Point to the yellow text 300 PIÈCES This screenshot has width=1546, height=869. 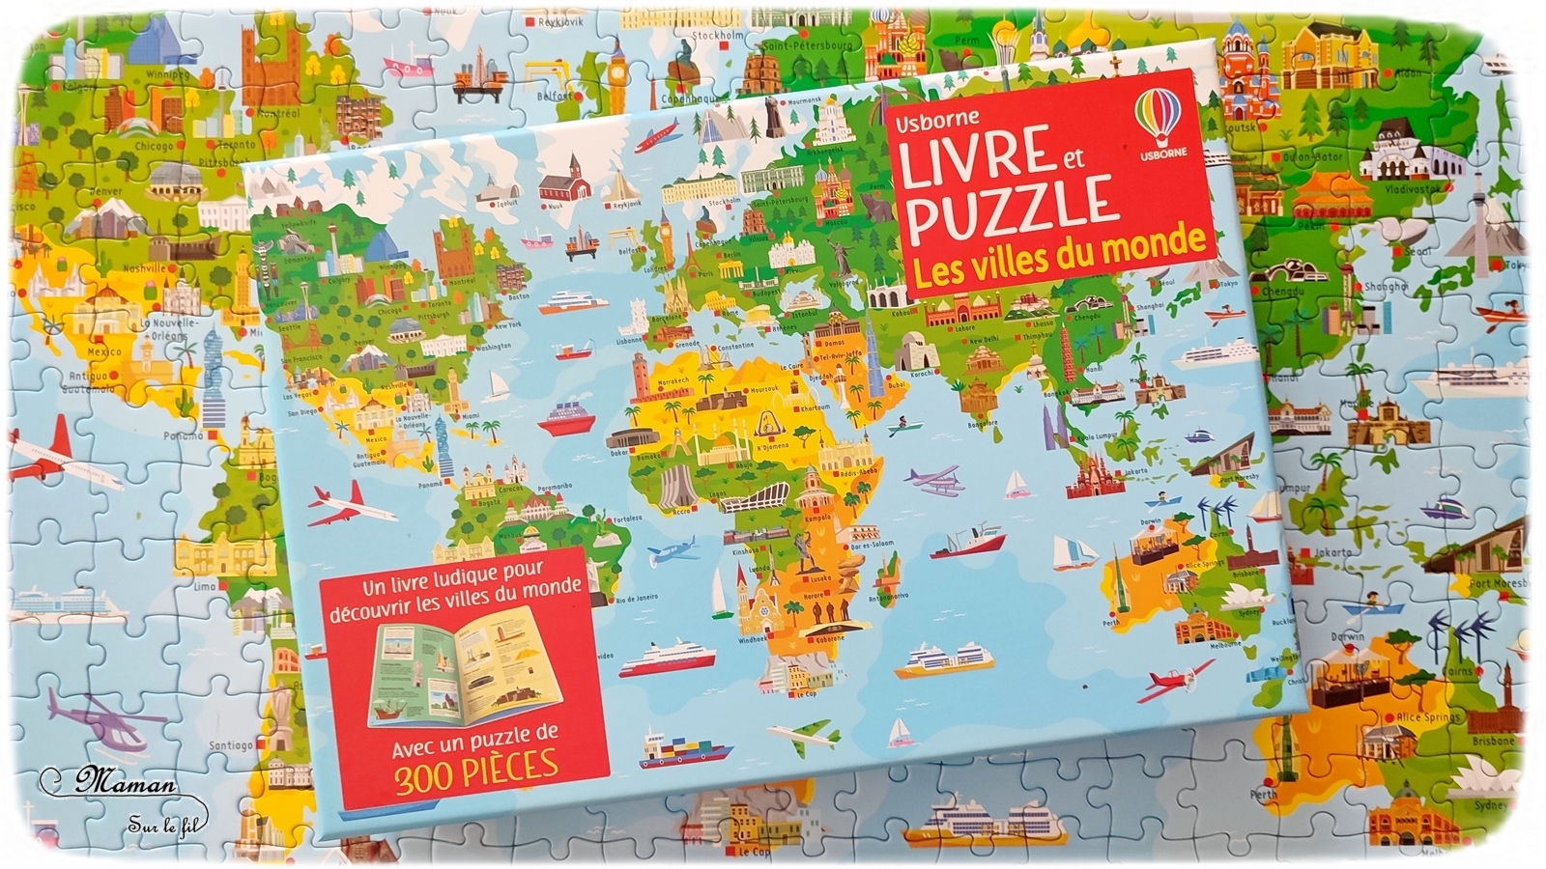pyautogui.click(x=476, y=764)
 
